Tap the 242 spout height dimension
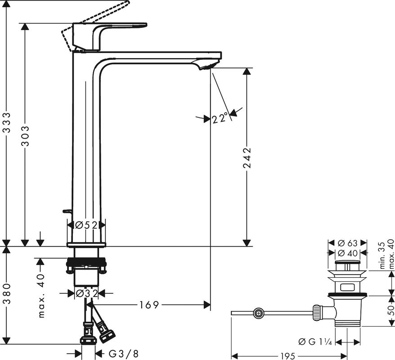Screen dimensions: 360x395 coord(247,157)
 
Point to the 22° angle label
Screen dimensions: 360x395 coord(220,119)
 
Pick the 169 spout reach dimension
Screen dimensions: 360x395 coord(148,305)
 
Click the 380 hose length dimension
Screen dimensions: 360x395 coord(6,295)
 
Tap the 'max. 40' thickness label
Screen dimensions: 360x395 coord(41,295)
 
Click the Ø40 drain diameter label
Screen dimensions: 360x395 coord(348,254)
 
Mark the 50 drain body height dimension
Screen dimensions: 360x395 coord(390,310)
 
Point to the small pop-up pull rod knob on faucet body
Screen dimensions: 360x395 coord(67,211)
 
